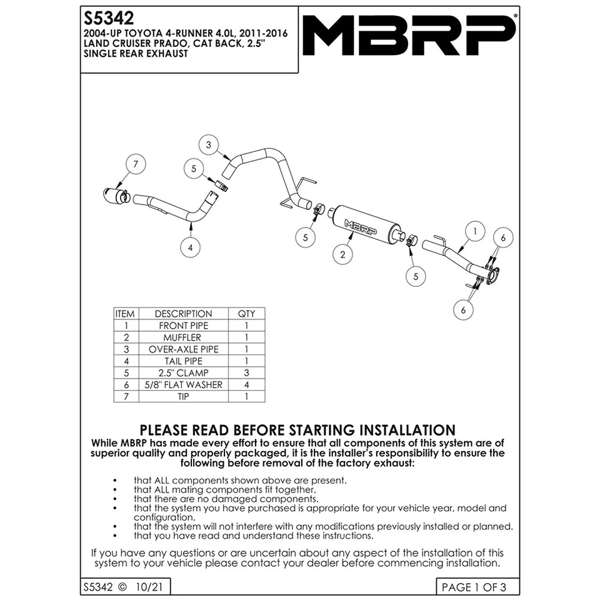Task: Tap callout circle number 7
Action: point(135,164)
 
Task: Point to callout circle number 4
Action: point(190,247)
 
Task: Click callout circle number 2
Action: point(342,254)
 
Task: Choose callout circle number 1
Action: point(475,231)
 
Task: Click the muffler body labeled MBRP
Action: point(361,222)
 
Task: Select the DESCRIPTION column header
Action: point(183,314)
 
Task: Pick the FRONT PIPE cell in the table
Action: point(183,326)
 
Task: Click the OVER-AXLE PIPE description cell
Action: point(183,349)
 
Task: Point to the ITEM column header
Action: point(126,314)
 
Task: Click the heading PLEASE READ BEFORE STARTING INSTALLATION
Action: point(297,430)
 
